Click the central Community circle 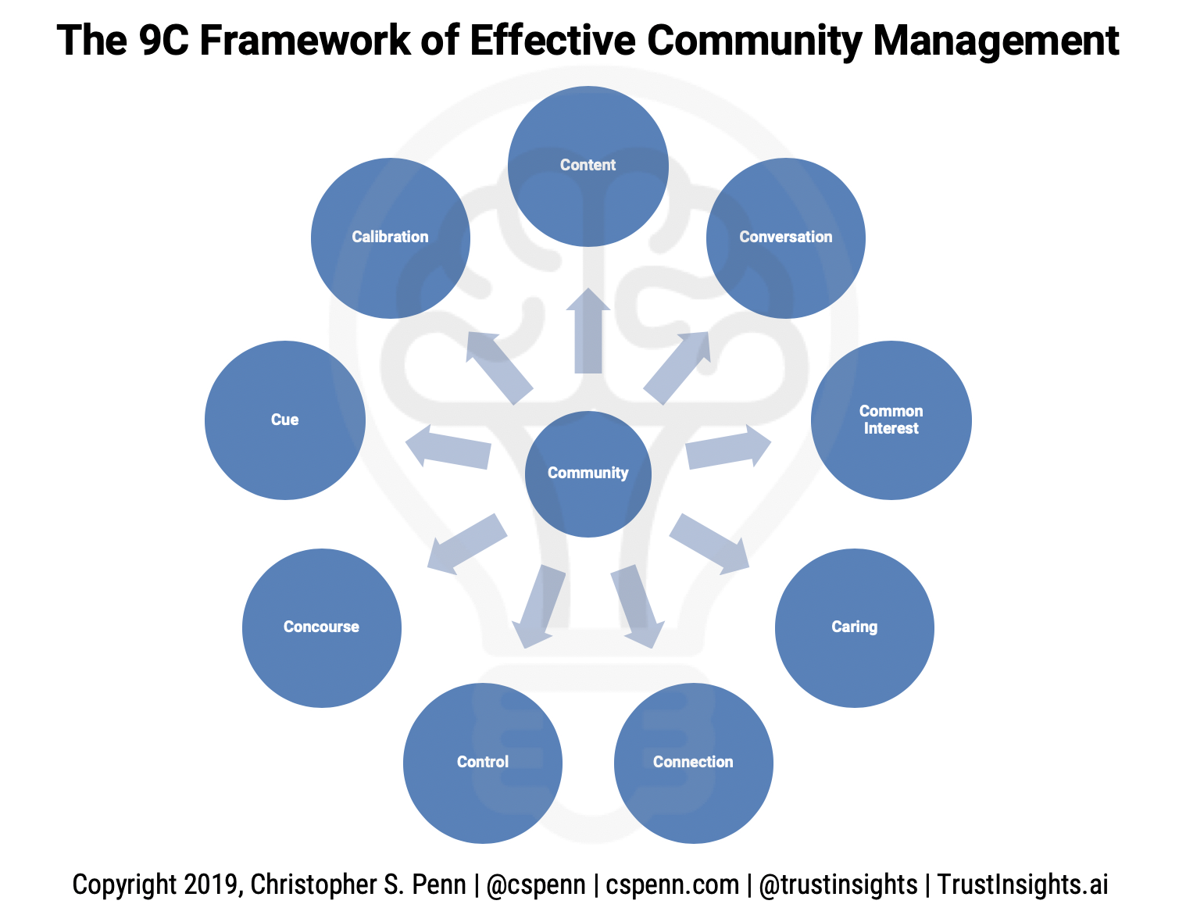click(588, 474)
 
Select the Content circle click(588, 166)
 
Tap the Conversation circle click(785, 238)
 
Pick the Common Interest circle click(891, 420)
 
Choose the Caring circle click(854, 627)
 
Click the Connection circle click(693, 763)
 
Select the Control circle click(483, 763)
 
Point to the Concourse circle click(321, 627)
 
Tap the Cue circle click(284, 420)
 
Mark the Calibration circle click(390, 238)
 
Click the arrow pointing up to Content click(588, 332)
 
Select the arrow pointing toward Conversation click(677, 366)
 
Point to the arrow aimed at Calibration click(498, 366)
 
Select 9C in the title click(163, 41)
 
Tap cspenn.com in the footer click(672, 884)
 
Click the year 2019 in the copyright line click(210, 884)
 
